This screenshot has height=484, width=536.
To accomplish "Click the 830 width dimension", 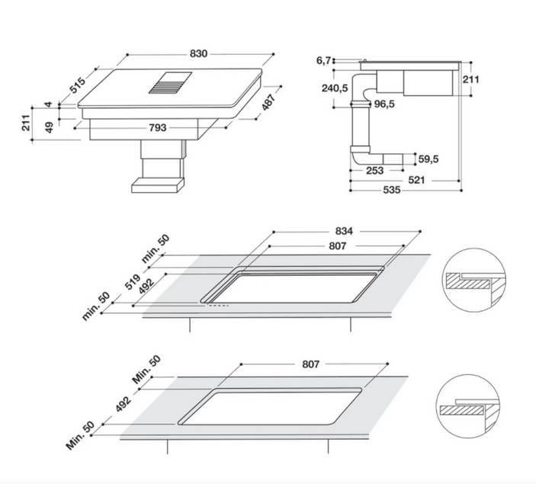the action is [x=198, y=53].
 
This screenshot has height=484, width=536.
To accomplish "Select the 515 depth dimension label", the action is [x=77, y=85].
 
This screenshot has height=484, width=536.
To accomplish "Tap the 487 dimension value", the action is [x=268, y=102].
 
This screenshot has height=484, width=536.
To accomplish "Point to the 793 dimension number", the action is [x=158, y=127].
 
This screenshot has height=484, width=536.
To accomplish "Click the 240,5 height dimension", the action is [x=335, y=88].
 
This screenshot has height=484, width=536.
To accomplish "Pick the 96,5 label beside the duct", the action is [x=384, y=104].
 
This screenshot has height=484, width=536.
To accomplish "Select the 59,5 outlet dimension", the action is [x=428, y=159].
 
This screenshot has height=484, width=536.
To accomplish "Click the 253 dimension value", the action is [x=375, y=171].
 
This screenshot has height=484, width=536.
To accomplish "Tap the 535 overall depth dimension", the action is [x=392, y=190].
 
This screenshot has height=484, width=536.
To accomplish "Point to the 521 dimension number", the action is [x=416, y=180].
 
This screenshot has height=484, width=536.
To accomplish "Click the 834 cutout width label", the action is [x=344, y=231].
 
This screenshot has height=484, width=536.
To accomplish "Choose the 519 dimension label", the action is [x=133, y=282].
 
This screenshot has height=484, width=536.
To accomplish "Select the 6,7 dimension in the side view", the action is [x=323, y=60].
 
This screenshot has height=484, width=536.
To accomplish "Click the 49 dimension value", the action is [x=50, y=127].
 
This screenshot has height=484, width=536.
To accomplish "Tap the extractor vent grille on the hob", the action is [x=170, y=83].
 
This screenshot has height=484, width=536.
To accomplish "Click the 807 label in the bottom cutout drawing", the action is [x=311, y=364].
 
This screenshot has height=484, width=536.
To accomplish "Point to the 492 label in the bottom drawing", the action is [x=123, y=404].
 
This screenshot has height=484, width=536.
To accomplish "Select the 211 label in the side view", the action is [x=471, y=79].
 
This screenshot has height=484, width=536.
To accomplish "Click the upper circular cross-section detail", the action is [x=475, y=280].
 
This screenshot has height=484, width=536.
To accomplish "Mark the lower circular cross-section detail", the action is [x=469, y=406].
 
